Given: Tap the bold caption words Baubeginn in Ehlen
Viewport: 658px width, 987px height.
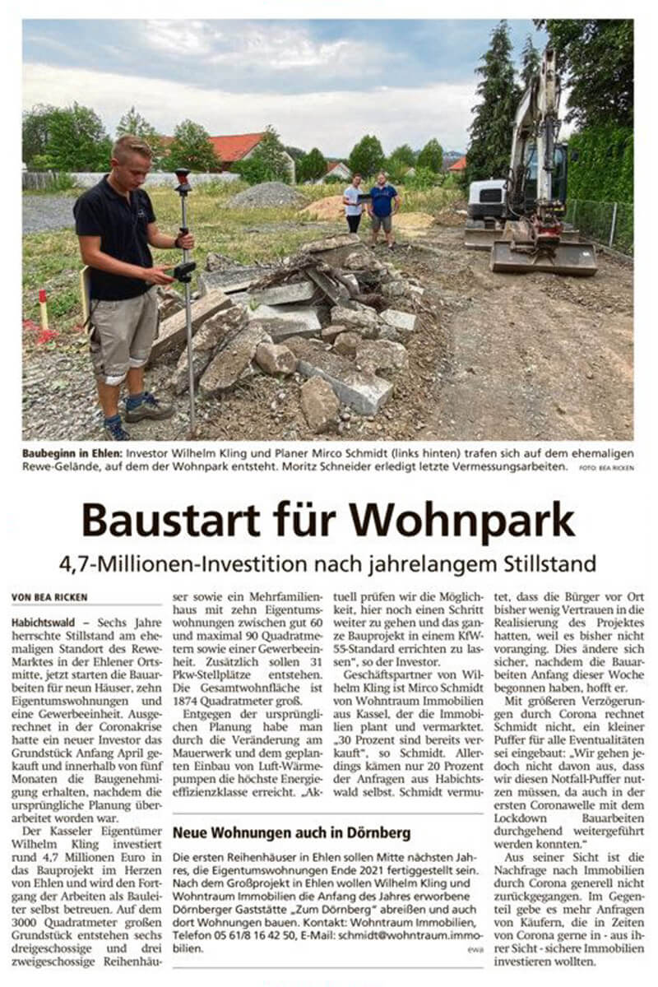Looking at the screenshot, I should (75, 453).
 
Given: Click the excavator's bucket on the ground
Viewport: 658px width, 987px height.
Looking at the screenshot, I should (543, 257).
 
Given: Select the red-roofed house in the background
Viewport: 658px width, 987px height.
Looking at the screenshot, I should (238, 147).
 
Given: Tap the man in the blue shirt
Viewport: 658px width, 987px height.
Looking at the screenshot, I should (382, 206).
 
